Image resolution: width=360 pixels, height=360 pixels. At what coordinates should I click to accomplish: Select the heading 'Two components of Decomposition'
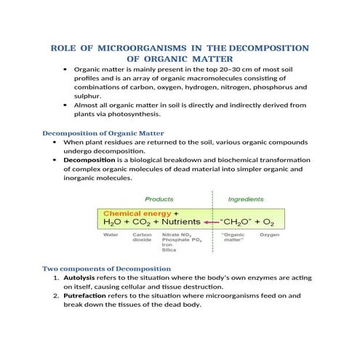point(107,268)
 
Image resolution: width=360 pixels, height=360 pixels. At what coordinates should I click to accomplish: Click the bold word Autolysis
point(79,279)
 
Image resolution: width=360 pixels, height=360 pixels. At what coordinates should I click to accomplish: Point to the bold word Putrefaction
point(85,297)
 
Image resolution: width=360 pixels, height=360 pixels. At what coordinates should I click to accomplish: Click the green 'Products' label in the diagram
point(159,199)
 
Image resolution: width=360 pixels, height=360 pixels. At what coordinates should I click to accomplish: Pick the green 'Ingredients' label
point(246,199)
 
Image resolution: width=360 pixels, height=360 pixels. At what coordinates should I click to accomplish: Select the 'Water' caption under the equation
point(111,235)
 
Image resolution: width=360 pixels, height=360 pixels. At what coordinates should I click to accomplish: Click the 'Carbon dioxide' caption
point(141,238)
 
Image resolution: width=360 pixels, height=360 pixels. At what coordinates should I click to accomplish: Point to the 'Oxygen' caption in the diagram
point(270,235)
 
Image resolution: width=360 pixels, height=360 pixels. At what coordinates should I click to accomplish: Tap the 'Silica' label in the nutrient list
point(169,250)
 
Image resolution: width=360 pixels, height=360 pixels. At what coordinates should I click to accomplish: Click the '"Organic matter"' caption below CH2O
point(233,238)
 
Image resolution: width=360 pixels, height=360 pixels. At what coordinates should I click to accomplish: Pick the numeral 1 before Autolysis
point(56,279)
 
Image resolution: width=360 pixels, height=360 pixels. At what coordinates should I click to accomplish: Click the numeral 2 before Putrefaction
point(56,297)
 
